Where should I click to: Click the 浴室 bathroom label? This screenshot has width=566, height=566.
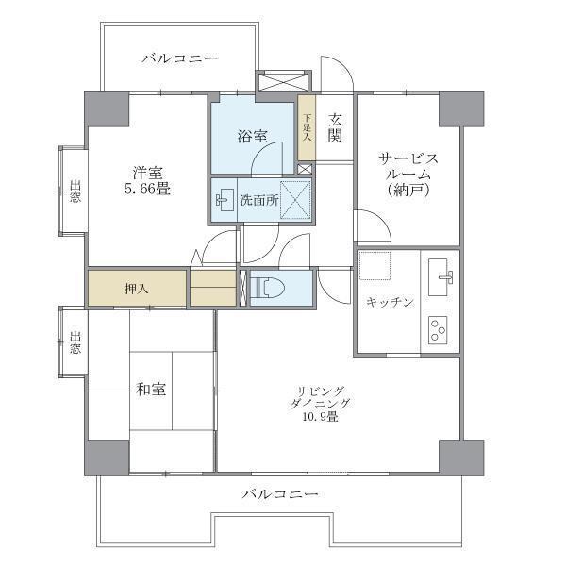coord(252,137)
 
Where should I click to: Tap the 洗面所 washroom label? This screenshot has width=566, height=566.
coord(258,200)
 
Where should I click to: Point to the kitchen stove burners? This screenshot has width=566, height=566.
coord(439,329)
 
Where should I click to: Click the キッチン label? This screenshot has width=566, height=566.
coord(389,302)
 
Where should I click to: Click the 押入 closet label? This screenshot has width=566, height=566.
coord(136,289)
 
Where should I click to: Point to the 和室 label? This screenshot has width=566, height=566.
coord(151,389)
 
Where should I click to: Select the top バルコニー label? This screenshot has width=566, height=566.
coord(180,58)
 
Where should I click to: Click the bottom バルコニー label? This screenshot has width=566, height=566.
coord(279,493)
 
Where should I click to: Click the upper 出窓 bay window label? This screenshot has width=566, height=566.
coord(75,190)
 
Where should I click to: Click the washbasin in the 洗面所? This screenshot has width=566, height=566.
coord(224,200)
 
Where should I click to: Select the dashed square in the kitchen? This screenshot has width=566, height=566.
coord(375,266)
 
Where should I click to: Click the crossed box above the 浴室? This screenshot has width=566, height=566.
coord(283,80)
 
